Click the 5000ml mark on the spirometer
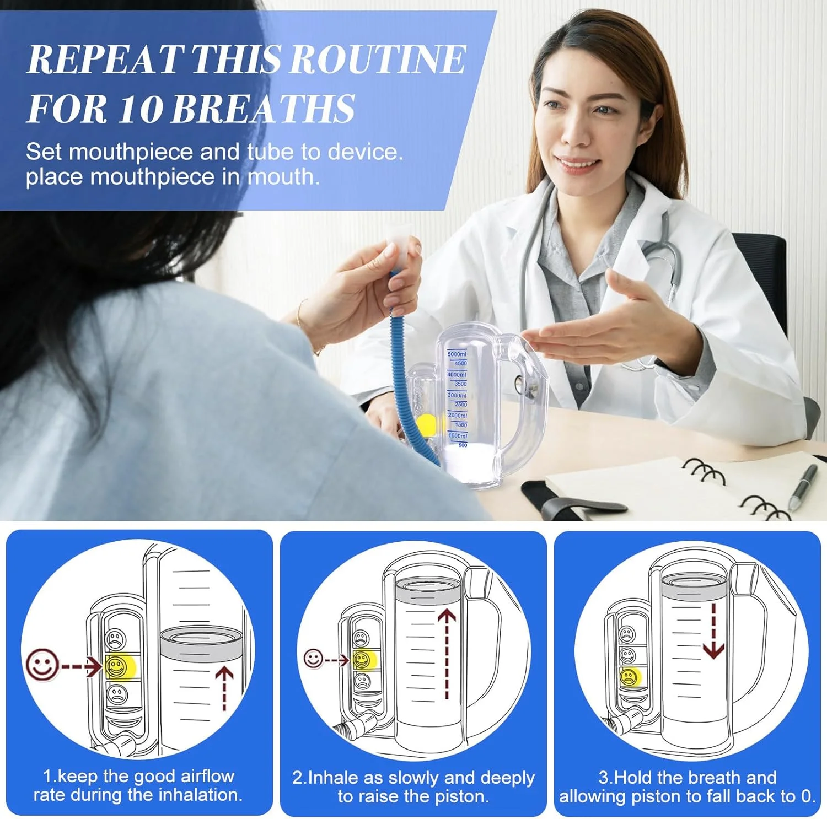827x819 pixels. coord(457,354)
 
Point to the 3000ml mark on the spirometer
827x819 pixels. coord(457,395)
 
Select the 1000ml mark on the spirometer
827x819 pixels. coord(458,435)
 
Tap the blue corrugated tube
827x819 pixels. coord(408,375)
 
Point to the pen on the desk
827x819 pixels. coord(802,487)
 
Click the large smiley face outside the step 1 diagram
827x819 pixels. coord(42,665)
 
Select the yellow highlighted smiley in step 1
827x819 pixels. coord(117,667)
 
